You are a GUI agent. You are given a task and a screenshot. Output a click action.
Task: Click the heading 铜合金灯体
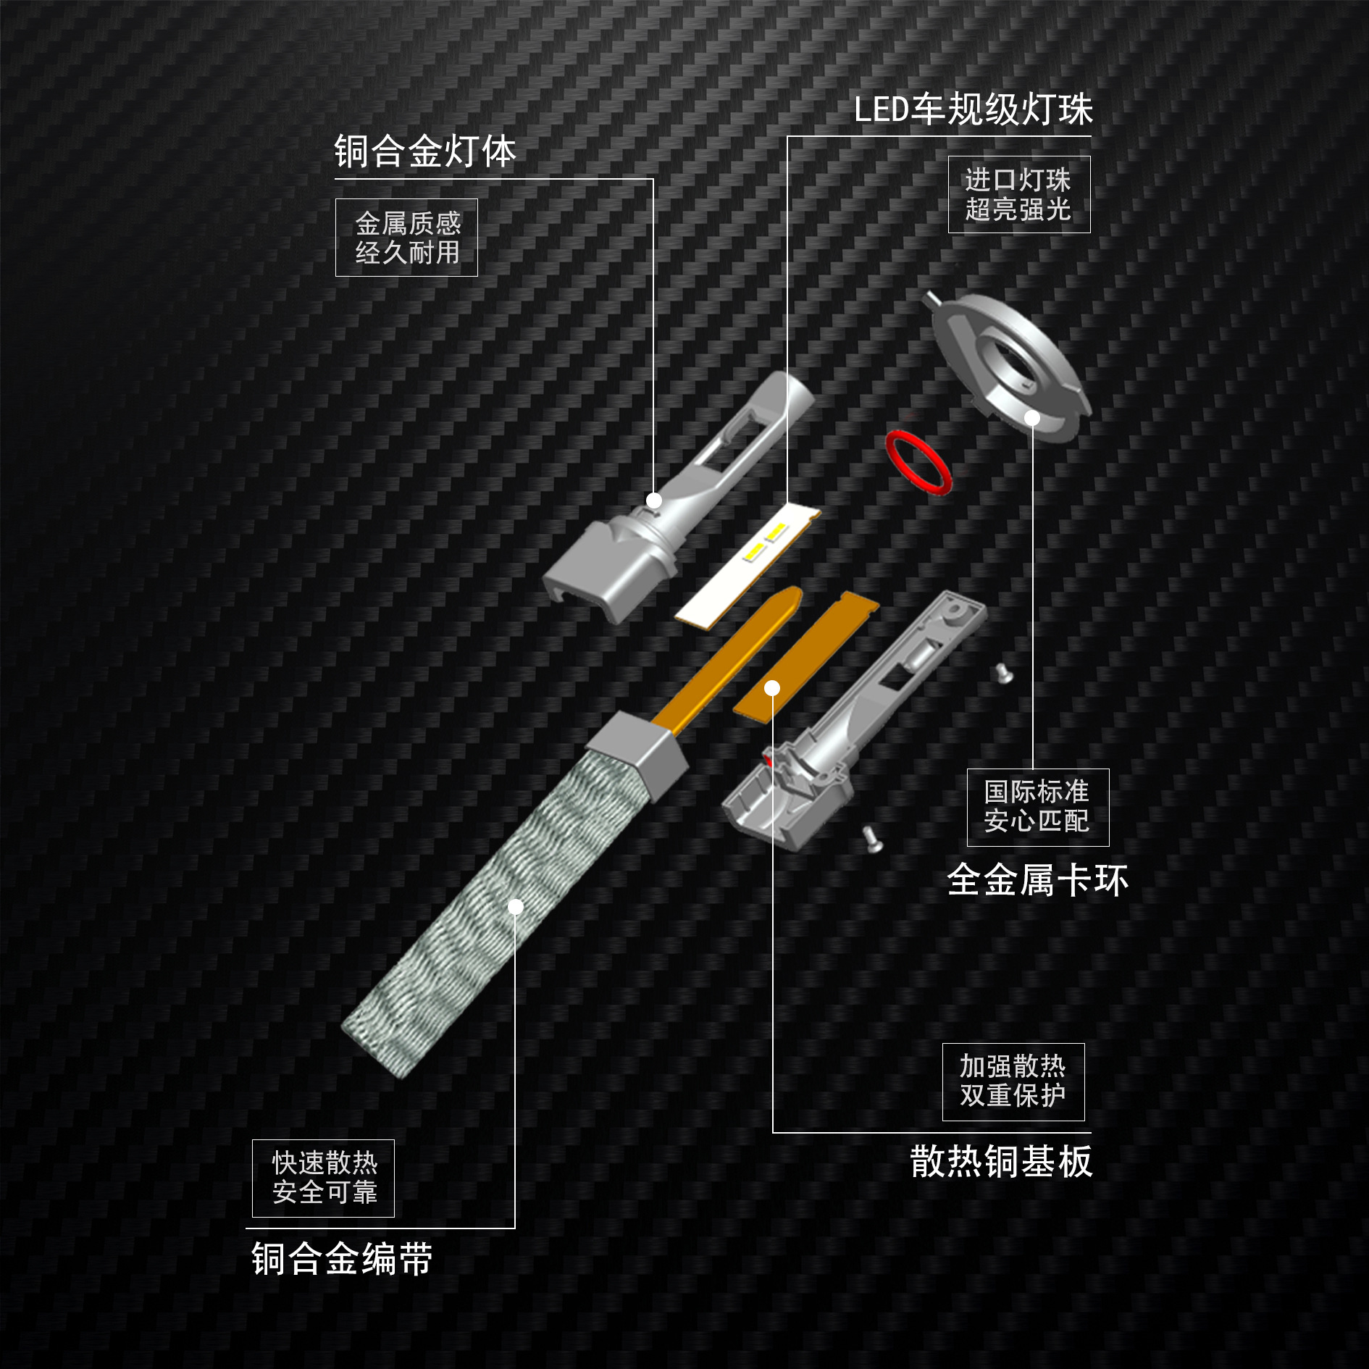(425, 152)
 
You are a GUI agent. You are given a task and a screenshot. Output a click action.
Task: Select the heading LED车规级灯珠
(973, 110)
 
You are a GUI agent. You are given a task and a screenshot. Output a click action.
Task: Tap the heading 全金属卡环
(1037, 881)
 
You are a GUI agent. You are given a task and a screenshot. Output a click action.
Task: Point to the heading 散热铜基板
(1001, 1162)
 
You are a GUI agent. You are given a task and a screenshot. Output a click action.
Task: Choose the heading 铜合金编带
(342, 1259)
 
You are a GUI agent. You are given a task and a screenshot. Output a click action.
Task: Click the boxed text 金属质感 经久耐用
(407, 238)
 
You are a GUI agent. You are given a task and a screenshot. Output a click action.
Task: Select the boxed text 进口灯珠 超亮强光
(1018, 195)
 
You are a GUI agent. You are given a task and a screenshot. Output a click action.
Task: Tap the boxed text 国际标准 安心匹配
(1037, 807)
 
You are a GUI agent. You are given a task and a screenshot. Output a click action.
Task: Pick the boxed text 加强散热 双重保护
(1013, 1081)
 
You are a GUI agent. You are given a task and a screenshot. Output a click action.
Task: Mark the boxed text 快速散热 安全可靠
(324, 1178)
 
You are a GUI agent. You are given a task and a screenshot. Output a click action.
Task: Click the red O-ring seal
(918, 462)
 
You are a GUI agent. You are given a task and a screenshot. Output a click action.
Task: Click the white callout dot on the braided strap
(516, 907)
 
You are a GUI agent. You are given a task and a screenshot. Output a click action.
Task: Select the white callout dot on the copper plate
(773, 687)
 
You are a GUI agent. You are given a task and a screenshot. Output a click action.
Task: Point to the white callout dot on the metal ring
(1032, 418)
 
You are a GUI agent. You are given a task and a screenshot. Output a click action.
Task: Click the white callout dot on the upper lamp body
(654, 501)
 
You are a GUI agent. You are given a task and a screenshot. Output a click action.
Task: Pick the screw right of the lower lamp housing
(1003, 672)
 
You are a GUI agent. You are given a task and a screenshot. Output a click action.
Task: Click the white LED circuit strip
(746, 565)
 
